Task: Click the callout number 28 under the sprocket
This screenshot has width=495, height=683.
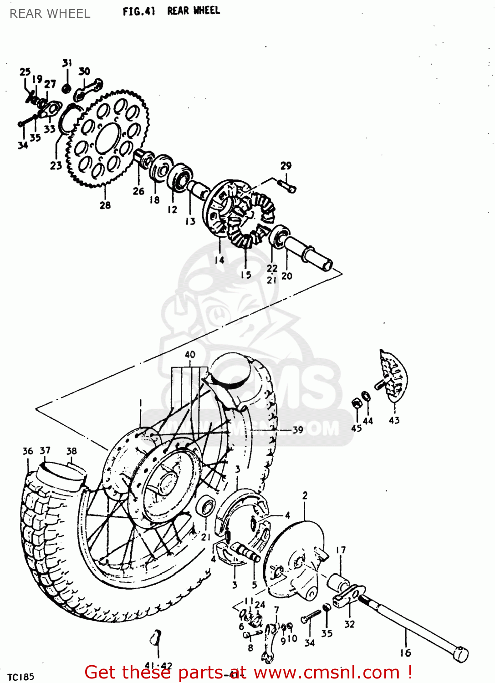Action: [105, 205]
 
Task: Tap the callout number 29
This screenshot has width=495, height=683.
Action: [286, 166]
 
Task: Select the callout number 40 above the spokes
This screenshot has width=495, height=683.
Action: [190, 354]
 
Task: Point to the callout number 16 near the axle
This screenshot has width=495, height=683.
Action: [405, 653]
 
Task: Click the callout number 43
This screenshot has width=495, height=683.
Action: [394, 420]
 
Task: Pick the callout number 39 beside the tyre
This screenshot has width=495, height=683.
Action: [297, 429]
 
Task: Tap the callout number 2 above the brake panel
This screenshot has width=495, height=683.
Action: [305, 495]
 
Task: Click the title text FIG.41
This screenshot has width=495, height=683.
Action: [139, 11]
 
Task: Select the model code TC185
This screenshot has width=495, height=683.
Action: [21, 677]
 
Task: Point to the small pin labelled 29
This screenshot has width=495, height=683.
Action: [287, 186]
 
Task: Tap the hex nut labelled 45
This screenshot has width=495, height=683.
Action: [356, 403]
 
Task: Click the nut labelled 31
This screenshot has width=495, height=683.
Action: [66, 88]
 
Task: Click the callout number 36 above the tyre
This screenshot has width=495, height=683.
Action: [28, 451]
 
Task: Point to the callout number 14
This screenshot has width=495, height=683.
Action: [219, 260]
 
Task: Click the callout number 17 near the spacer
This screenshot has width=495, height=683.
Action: [341, 550]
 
